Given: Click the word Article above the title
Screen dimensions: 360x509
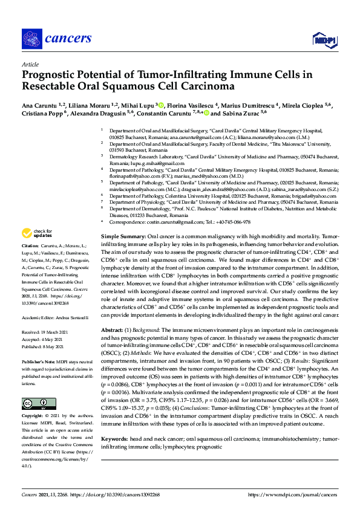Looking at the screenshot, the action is coord(30,64).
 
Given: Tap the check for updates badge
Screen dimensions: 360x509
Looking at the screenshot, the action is coord(38,232).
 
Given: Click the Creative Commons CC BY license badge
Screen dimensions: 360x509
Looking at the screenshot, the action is coord(34,403).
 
